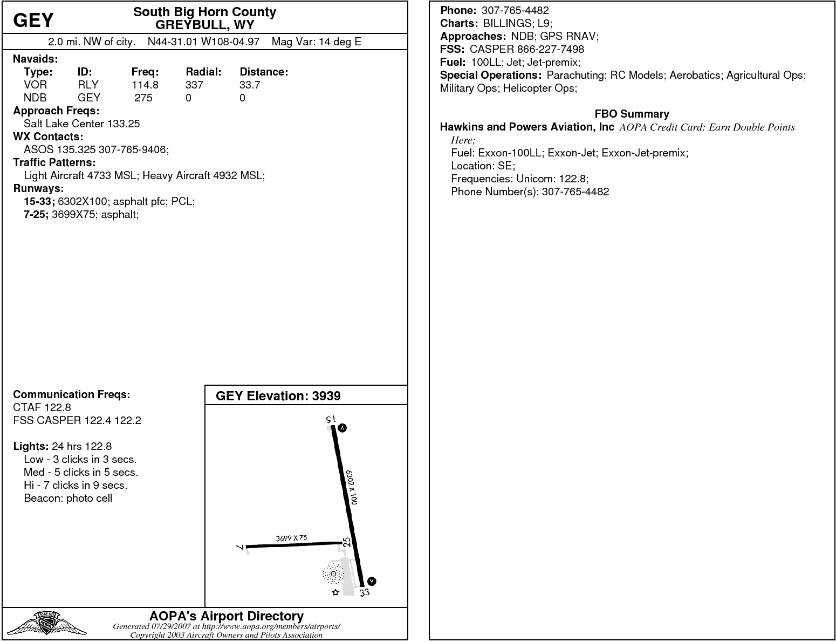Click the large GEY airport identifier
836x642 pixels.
(x=33, y=21)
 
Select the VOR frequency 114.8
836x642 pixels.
(x=145, y=85)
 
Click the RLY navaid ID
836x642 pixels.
(x=88, y=85)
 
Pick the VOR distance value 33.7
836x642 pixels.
(x=250, y=85)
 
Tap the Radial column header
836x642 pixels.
(x=203, y=72)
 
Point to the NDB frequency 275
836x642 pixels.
(x=143, y=98)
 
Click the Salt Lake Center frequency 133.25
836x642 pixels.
(x=124, y=124)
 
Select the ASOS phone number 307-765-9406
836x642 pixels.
(x=133, y=149)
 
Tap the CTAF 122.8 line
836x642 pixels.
(x=42, y=407)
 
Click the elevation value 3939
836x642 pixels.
(x=326, y=396)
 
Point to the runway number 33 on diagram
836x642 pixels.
(x=365, y=592)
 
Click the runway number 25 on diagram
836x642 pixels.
(x=347, y=542)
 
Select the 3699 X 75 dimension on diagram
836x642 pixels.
(x=291, y=538)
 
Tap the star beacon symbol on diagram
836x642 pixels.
(x=335, y=592)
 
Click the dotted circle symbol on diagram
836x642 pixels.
(x=333, y=573)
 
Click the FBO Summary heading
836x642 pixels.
(x=632, y=114)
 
